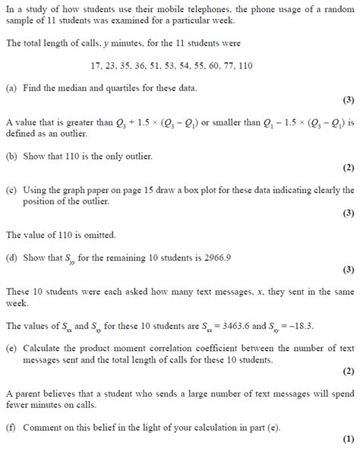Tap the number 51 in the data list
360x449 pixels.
[153, 66]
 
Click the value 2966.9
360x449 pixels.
[215, 257]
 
